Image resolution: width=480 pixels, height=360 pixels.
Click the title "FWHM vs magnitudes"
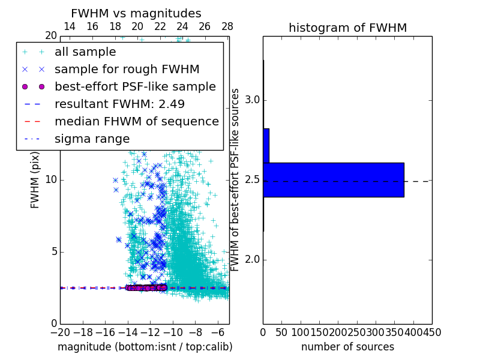(x=136, y=14)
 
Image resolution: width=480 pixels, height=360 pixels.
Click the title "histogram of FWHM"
(x=347, y=28)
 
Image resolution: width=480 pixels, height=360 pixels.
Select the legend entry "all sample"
(x=85, y=52)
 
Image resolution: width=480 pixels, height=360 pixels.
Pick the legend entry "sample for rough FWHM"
(x=127, y=70)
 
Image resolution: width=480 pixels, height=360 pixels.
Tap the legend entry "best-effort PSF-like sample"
(x=135, y=87)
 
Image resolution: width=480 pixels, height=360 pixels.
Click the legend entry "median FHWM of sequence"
(x=136, y=122)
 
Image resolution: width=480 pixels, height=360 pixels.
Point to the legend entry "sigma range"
(x=92, y=139)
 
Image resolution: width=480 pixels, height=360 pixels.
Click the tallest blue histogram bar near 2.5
(x=333, y=179)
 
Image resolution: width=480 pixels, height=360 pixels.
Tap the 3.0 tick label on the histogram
(x=251, y=100)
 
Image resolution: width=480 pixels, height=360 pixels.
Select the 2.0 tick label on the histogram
(x=251, y=260)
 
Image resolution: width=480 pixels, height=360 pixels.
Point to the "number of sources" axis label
(x=347, y=347)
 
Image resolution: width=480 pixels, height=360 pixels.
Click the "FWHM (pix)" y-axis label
(x=35, y=180)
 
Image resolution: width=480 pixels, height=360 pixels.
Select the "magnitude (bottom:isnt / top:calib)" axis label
(x=145, y=347)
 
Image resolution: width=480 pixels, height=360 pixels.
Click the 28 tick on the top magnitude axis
(x=227, y=26)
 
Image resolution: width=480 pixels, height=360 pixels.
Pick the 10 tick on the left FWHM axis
(x=50, y=180)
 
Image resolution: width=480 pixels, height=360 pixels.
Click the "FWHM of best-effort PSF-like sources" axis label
(x=236, y=180)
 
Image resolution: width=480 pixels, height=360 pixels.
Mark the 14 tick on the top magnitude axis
(x=70, y=26)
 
